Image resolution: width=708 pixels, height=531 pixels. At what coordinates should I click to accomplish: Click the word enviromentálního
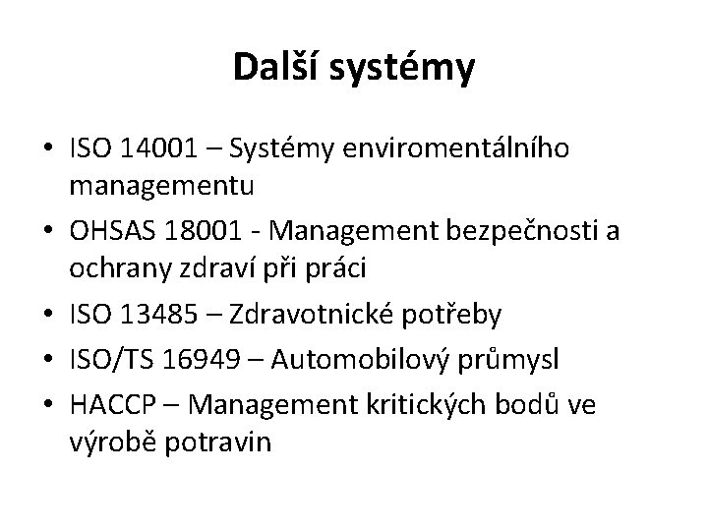[x=473, y=149]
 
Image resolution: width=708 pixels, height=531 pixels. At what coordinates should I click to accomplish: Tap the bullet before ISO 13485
[x=46, y=315]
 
